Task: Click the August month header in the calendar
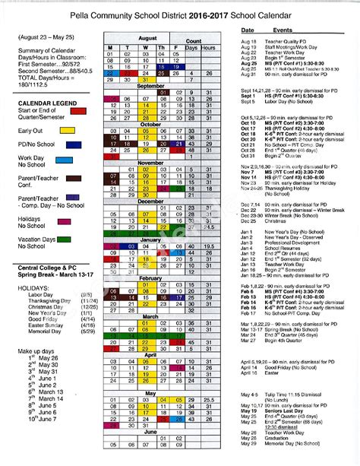coord(147,38)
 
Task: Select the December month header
coord(150,201)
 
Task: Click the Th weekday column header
coord(160,47)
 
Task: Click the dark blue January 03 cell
coord(126,247)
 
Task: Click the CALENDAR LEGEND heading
coord(42,103)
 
